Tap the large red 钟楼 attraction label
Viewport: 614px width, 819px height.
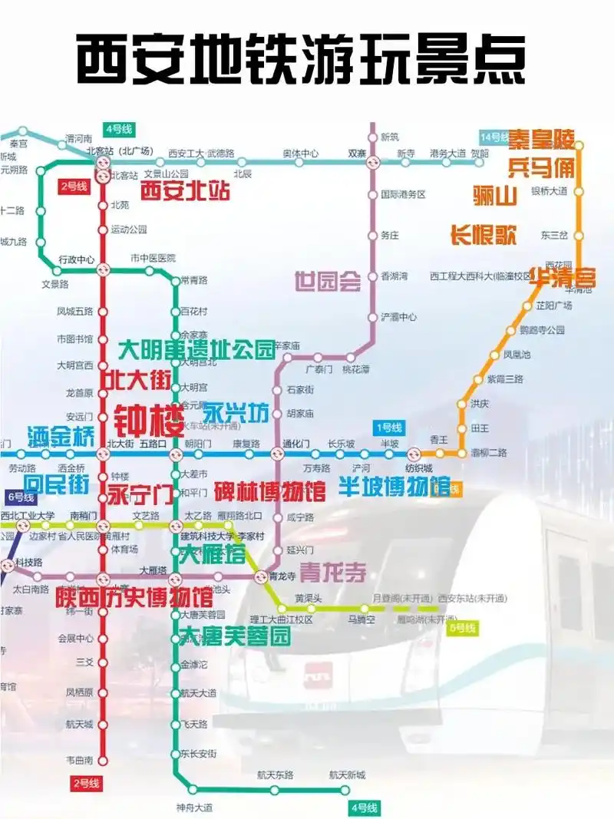click(x=150, y=419)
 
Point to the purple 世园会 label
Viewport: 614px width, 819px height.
click(x=328, y=282)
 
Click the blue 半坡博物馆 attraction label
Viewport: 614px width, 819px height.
click(x=394, y=487)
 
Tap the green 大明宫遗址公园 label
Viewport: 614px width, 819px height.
click(x=196, y=351)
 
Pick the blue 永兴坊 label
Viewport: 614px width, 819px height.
click(x=236, y=413)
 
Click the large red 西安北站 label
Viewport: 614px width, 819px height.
click(x=185, y=191)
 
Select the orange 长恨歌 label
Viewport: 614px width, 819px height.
click(x=483, y=235)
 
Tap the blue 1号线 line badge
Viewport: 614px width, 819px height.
click(x=389, y=428)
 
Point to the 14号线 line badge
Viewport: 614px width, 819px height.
click(x=494, y=137)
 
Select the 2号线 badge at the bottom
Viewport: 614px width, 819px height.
click(x=85, y=783)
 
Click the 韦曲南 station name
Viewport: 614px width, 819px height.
click(x=79, y=760)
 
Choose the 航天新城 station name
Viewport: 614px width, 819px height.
click(x=347, y=775)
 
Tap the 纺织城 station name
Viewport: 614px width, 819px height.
click(x=419, y=468)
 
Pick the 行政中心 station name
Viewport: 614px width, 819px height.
click(x=76, y=259)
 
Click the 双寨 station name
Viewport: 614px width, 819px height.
click(x=357, y=153)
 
